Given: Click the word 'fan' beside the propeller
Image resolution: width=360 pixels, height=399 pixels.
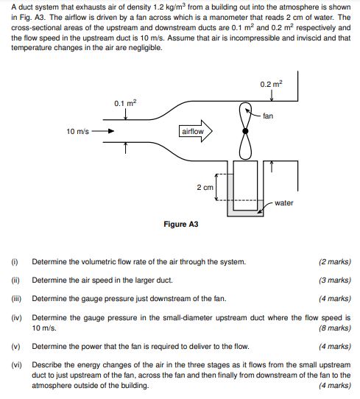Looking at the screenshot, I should [x=268, y=116].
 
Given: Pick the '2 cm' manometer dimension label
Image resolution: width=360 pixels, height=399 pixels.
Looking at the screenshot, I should [x=205, y=187].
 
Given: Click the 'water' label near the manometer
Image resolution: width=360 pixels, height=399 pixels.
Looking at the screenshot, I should [x=284, y=202].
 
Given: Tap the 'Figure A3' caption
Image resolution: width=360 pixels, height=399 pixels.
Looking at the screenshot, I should [x=180, y=225].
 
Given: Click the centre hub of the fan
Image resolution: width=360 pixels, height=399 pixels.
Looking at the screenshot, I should [x=245, y=131].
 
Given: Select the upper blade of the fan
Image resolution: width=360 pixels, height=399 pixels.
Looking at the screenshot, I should [x=245, y=115].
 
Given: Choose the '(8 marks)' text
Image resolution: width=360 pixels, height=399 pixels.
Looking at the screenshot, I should [x=335, y=328].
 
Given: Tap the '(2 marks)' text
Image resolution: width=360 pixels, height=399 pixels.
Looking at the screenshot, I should [x=335, y=261].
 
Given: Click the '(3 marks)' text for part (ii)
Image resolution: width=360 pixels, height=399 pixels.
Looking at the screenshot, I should [x=335, y=280].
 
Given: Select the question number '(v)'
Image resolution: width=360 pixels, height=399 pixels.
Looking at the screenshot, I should [x=15, y=346].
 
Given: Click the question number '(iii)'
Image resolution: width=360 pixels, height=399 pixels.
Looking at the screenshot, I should [x=15, y=299].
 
